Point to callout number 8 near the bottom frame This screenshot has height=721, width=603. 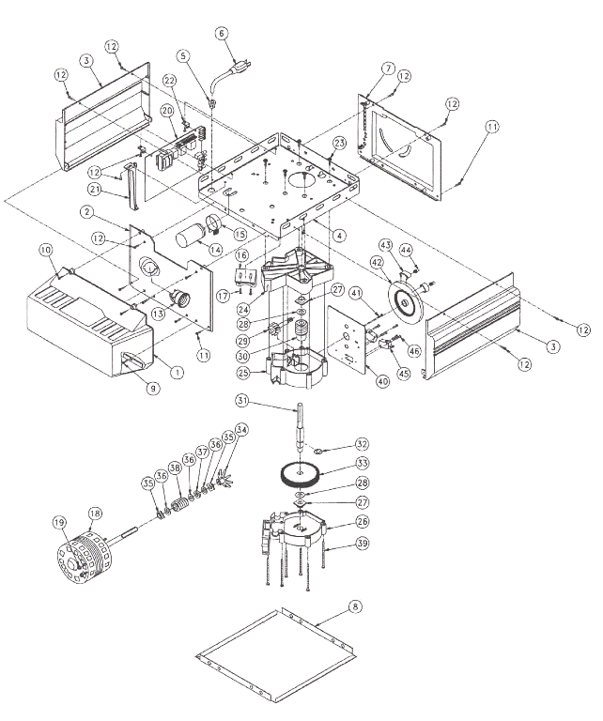[x=354, y=608]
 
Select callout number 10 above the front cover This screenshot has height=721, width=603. [x=44, y=250]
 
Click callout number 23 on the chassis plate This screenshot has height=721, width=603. [x=338, y=142]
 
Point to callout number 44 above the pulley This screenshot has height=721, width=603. [x=406, y=250]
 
